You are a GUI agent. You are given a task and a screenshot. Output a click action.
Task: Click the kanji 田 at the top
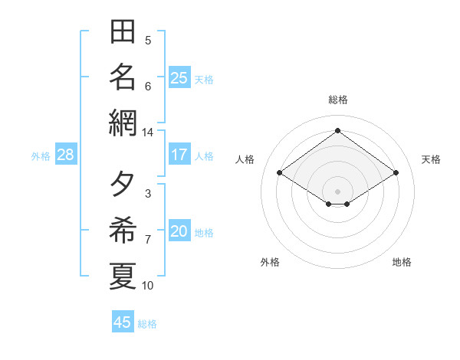click(x=123, y=31)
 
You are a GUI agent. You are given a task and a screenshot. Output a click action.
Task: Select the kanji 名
click(x=123, y=77)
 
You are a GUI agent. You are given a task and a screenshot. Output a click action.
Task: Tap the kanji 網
click(x=123, y=123)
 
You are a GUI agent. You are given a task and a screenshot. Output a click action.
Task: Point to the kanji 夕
click(x=122, y=184)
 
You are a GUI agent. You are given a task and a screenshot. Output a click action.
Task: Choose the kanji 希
click(x=123, y=230)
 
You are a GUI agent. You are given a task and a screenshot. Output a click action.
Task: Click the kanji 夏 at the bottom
click(x=123, y=276)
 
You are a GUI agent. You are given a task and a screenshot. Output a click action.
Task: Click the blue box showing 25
click(x=179, y=77)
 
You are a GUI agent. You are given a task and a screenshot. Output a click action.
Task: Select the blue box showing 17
click(x=179, y=154)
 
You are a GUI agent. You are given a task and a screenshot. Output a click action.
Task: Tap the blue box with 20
click(x=179, y=230)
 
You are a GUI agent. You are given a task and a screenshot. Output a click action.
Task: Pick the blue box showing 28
click(x=66, y=154)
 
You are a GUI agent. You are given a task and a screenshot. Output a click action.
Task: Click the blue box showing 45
click(x=123, y=321)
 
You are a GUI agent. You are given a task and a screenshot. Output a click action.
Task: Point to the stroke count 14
click(x=147, y=133)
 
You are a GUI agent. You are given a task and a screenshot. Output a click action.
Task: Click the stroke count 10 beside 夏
click(x=147, y=286)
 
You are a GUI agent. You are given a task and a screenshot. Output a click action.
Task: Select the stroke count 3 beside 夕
click(x=148, y=194)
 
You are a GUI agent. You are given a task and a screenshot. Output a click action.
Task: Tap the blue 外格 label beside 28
click(x=41, y=156)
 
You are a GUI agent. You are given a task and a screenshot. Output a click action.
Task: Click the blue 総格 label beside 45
click(x=147, y=324)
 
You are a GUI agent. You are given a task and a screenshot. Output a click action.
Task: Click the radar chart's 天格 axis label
click(x=431, y=159)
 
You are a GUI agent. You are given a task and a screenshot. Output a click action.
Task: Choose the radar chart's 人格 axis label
click(x=245, y=159)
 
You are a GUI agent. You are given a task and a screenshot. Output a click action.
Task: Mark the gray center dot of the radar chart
click(x=337, y=191)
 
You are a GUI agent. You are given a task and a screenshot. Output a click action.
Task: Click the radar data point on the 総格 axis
click(x=337, y=130)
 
